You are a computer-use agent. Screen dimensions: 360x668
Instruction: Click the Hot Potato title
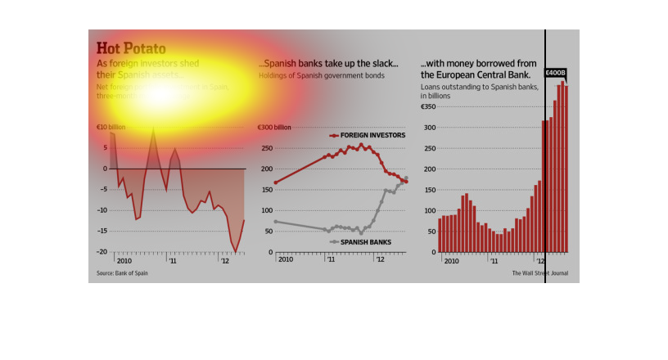pyautogui.click(x=131, y=48)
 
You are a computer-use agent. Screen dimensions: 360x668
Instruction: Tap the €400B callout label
pyautogui.click(x=557, y=73)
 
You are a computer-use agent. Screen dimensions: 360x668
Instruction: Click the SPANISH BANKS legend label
pyautogui.click(x=365, y=242)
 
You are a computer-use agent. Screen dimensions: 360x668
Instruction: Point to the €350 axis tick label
pyautogui.click(x=431, y=106)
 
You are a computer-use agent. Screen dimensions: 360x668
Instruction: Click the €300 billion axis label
pyautogui.click(x=274, y=128)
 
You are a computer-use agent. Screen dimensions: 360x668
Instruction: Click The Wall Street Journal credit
pyautogui.click(x=540, y=273)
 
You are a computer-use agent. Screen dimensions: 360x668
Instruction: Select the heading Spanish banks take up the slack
pyautogui.click(x=328, y=64)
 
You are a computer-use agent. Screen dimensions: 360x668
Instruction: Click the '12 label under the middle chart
pyautogui.click(x=379, y=259)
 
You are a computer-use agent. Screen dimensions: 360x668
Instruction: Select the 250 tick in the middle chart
pyautogui.click(x=267, y=148)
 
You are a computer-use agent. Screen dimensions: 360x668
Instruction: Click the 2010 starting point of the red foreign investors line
pyautogui.click(x=276, y=182)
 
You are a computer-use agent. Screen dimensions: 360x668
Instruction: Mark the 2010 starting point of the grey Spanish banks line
pyautogui.click(x=276, y=221)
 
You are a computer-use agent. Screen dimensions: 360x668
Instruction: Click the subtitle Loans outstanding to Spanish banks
pyautogui.click(x=479, y=86)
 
